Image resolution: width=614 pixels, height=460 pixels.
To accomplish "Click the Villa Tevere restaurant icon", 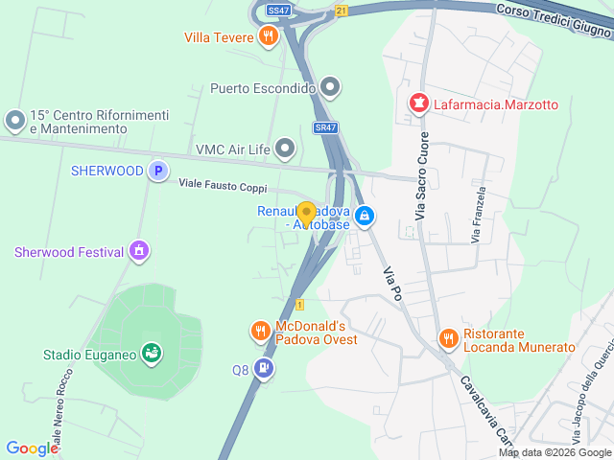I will click(269, 37).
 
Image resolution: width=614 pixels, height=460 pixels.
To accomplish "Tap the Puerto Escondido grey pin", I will click(331, 89).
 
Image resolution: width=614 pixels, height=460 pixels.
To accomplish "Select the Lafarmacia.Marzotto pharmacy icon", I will click(418, 103).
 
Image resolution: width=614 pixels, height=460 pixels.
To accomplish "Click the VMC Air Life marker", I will click(285, 149).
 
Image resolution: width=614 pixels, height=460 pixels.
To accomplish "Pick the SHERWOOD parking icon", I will click(158, 172).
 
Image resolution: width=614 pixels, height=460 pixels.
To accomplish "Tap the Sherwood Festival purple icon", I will click(140, 252).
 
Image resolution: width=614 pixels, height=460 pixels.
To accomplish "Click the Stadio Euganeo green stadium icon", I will click(151, 354).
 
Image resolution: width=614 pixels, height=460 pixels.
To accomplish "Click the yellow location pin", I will click(307, 215).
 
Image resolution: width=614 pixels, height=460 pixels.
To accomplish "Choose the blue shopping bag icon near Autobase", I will click(365, 217).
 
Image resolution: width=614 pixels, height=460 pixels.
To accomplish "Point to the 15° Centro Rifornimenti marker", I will click(15, 121).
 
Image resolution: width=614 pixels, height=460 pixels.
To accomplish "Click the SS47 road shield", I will click(278, 10).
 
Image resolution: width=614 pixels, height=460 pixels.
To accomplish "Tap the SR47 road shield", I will click(325, 127).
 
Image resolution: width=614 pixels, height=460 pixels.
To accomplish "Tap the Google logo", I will click(32, 448).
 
